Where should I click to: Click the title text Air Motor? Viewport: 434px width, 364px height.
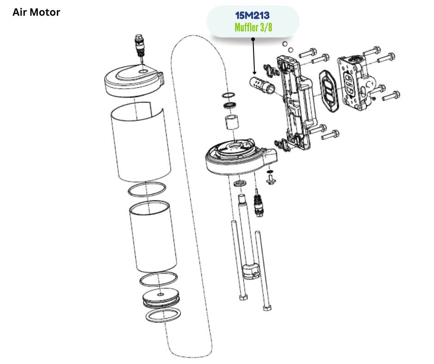(x=36, y=12)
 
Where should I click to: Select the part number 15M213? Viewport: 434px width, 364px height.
(x=253, y=16)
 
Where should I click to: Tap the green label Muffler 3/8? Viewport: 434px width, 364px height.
(x=253, y=27)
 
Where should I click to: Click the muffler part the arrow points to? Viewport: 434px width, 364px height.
(x=262, y=85)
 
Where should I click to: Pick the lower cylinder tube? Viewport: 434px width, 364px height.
(x=153, y=236)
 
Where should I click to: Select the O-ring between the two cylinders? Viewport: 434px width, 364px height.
(x=147, y=190)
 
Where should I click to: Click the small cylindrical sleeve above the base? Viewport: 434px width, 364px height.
(x=231, y=122)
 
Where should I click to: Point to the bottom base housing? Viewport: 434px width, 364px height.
(x=241, y=157)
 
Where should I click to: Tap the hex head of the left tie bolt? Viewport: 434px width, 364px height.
(x=243, y=297)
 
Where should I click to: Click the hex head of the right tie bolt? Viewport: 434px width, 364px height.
(x=267, y=308)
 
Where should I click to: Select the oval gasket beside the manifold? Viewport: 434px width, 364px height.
(x=328, y=91)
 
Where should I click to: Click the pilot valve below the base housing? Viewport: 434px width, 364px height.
(x=259, y=203)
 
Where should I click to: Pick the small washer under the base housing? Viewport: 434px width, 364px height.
(x=240, y=183)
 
